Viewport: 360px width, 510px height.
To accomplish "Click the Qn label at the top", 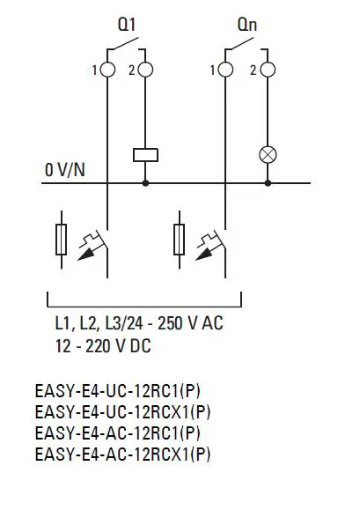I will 246,26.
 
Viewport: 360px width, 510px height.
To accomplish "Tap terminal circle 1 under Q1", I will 108,70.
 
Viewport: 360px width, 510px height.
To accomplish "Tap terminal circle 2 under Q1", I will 145,70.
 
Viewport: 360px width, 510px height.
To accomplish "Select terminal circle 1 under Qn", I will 227,70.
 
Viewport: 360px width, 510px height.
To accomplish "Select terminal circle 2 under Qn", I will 267,70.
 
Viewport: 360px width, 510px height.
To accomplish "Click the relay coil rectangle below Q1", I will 145,155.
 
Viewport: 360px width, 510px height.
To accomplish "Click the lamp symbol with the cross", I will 267,155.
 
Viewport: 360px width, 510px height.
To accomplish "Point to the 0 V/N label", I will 65,169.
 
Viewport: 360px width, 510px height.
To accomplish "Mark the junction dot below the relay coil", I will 145,183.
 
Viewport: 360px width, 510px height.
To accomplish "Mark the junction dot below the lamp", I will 267,183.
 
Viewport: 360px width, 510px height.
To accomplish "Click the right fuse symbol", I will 181,237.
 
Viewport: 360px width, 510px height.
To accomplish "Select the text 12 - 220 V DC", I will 102,346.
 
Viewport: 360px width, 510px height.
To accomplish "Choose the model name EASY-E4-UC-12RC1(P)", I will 122,390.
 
